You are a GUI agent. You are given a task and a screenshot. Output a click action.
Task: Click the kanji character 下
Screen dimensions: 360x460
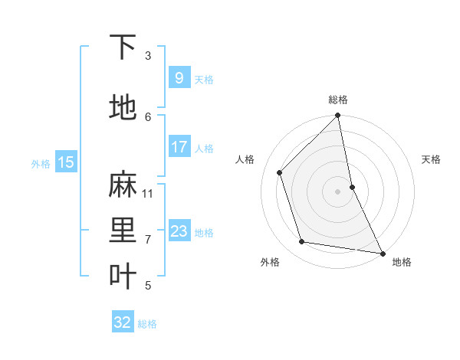123,47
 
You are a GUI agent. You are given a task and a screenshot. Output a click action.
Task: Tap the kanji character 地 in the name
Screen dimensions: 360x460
123,107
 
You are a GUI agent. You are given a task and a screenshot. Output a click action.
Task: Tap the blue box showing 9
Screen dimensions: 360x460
179,78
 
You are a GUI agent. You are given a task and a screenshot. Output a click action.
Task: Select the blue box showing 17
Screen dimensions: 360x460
179,147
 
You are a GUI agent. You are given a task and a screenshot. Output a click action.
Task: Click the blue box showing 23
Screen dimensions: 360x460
179,231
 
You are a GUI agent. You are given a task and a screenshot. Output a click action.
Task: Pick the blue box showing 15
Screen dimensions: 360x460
66,162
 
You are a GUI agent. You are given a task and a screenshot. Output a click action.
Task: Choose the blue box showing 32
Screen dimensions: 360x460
123,322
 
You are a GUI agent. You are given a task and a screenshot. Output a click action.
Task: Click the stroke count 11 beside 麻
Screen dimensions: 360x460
148,193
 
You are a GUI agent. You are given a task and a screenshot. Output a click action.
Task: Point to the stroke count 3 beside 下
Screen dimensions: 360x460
148,55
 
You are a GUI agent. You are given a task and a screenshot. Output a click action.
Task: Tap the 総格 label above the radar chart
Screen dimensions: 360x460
338,100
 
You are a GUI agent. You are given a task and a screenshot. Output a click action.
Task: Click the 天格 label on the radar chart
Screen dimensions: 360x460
431,159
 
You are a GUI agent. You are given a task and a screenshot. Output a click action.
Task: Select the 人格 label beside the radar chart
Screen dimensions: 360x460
245,159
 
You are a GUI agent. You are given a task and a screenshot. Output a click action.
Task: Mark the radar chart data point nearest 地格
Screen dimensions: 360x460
382,253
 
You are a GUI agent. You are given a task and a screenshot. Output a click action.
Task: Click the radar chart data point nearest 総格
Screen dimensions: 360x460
338,116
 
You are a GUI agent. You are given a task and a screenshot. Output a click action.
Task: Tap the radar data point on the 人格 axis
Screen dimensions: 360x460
280,172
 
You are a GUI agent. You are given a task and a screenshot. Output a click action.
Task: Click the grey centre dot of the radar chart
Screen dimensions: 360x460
338,191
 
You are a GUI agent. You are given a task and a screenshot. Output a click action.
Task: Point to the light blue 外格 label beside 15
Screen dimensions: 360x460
41,163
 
